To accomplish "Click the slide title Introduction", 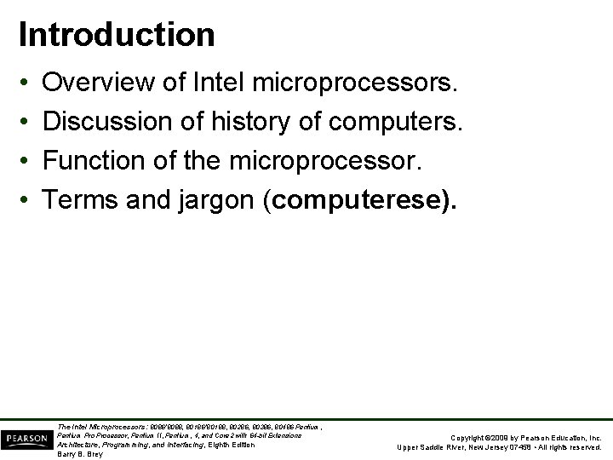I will click(117, 35).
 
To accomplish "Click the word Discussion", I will click(106, 122).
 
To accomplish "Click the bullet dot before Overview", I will click(25, 84).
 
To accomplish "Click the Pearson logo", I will click(26, 439).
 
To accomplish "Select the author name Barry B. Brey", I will click(79, 454).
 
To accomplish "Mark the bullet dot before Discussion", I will click(25, 123).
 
